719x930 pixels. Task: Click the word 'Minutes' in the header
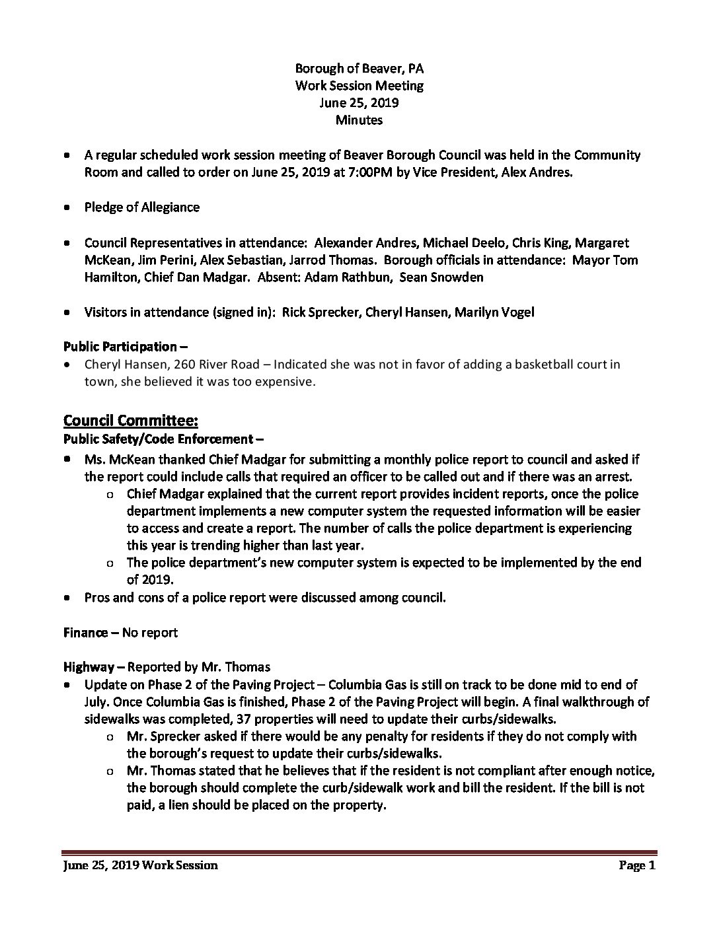[359, 120]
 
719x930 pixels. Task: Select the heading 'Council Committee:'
[131, 421]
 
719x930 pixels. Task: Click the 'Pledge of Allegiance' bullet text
[142, 207]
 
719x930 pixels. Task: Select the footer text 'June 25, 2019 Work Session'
[140, 865]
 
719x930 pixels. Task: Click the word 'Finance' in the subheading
[85, 633]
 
